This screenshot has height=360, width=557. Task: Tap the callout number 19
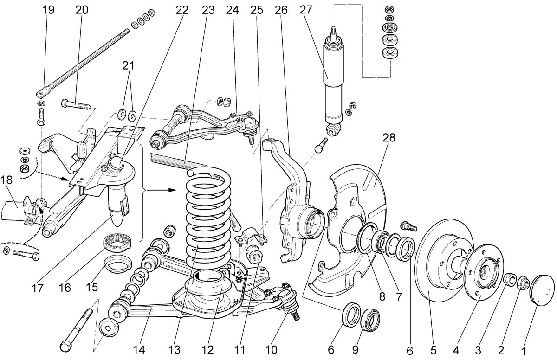tap(48, 10)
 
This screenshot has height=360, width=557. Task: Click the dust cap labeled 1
tap(543, 288)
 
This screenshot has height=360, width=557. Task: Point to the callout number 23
tap(208, 10)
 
